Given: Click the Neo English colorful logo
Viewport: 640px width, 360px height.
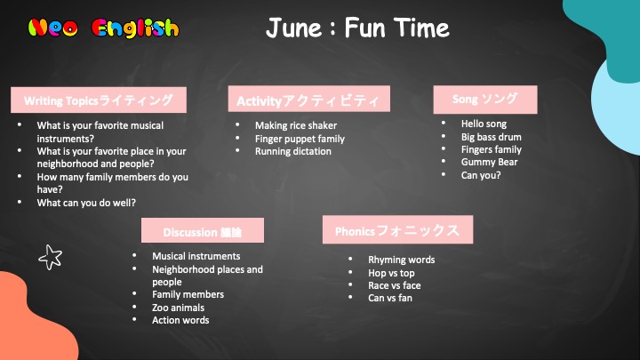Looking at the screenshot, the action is pyautogui.click(x=103, y=28).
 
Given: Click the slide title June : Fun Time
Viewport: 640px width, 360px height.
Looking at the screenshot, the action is pyautogui.click(x=357, y=28).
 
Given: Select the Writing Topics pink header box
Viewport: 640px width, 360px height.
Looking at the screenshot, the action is pyautogui.click(x=99, y=100).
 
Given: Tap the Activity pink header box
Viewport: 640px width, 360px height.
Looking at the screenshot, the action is pyautogui.click(x=309, y=99).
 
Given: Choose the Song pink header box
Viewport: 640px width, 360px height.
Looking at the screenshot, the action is pyautogui.click(x=485, y=100).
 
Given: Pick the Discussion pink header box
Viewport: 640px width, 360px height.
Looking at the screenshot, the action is pyautogui.click(x=203, y=230).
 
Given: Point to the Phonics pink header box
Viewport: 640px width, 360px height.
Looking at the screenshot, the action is pyautogui.click(x=397, y=230).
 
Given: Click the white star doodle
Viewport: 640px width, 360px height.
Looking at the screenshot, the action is pyautogui.click(x=50, y=257).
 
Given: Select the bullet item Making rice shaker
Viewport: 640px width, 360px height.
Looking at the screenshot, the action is pyautogui.click(x=296, y=125).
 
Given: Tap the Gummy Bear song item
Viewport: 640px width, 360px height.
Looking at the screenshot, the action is pyautogui.click(x=490, y=162).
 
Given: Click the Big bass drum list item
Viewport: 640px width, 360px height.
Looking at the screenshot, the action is pyautogui.click(x=491, y=137).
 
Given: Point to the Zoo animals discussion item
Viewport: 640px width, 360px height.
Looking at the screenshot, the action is pyautogui.click(x=178, y=308).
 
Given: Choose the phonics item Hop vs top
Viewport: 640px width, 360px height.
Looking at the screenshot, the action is pyautogui.click(x=391, y=273).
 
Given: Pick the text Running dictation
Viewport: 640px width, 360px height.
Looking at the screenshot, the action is pyautogui.click(x=293, y=151).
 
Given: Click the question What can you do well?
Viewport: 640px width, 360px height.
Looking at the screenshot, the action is pyautogui.click(x=86, y=203).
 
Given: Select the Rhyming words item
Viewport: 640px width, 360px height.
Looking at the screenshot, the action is pyautogui.click(x=401, y=260).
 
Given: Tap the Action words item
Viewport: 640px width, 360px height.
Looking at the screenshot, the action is pyautogui.click(x=180, y=320).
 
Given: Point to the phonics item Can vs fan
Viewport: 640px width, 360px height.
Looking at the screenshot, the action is pyautogui.click(x=390, y=298).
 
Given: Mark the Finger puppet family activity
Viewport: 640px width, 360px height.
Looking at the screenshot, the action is pyautogui.click(x=300, y=139).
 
